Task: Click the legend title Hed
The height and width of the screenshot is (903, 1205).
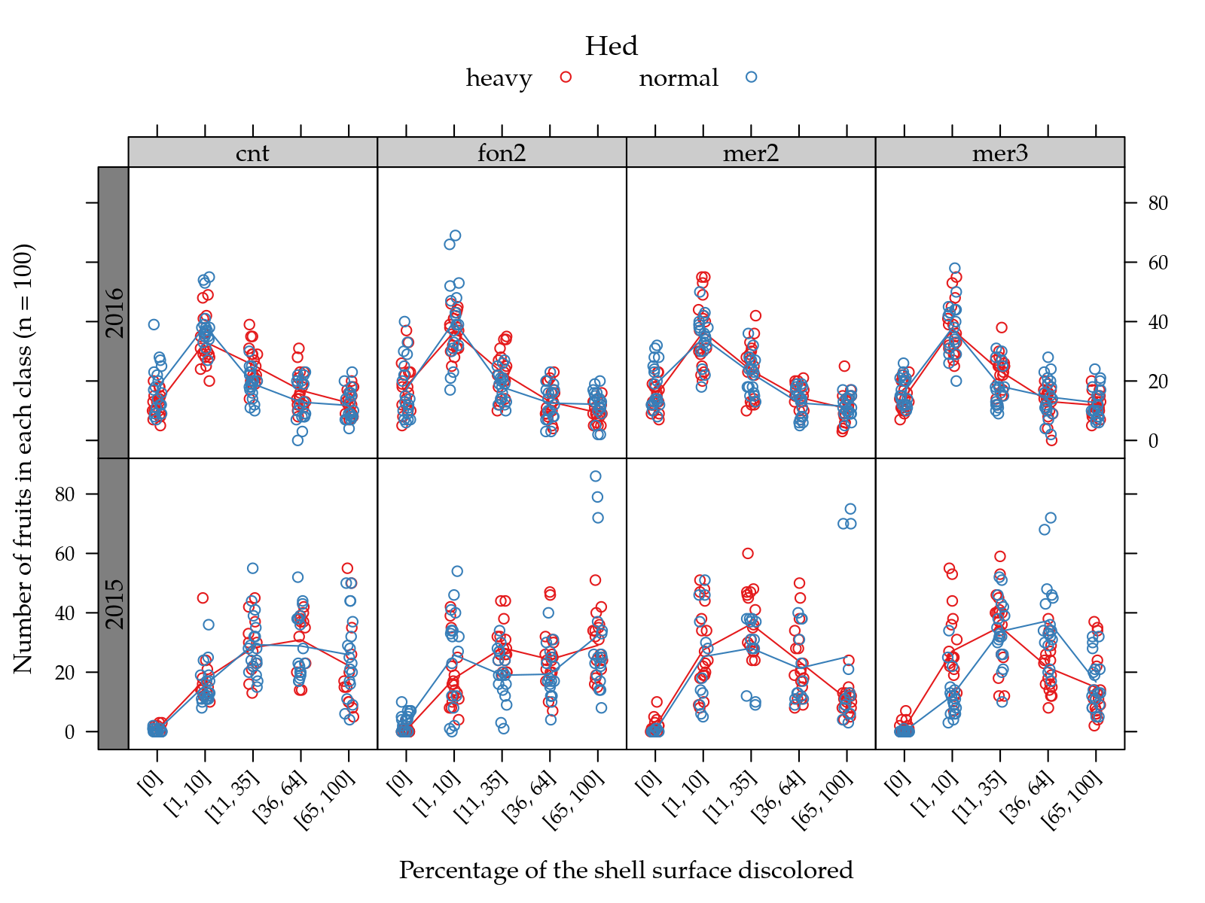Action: pyautogui.click(x=611, y=47)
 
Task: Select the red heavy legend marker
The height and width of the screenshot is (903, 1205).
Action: pyautogui.click(x=566, y=77)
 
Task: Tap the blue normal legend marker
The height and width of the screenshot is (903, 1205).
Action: pyautogui.click(x=751, y=77)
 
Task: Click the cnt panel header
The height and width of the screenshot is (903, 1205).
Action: pyautogui.click(x=252, y=153)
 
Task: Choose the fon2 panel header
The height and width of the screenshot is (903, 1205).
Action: pyautogui.click(x=502, y=153)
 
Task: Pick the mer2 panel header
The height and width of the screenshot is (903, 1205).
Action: pyautogui.click(x=750, y=153)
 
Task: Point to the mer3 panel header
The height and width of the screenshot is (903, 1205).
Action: pyautogui.click(x=999, y=153)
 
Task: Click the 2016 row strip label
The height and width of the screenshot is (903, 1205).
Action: pyautogui.click(x=114, y=312)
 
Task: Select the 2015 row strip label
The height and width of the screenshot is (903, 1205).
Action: pyautogui.click(x=114, y=604)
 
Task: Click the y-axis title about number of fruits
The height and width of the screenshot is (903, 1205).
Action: pyautogui.click(x=23, y=458)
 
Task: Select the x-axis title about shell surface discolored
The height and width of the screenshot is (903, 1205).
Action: pyautogui.click(x=626, y=871)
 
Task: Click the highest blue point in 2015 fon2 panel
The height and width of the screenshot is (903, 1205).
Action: pyautogui.click(x=596, y=476)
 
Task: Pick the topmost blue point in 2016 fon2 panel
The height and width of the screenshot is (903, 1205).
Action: pyautogui.click(x=455, y=236)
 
